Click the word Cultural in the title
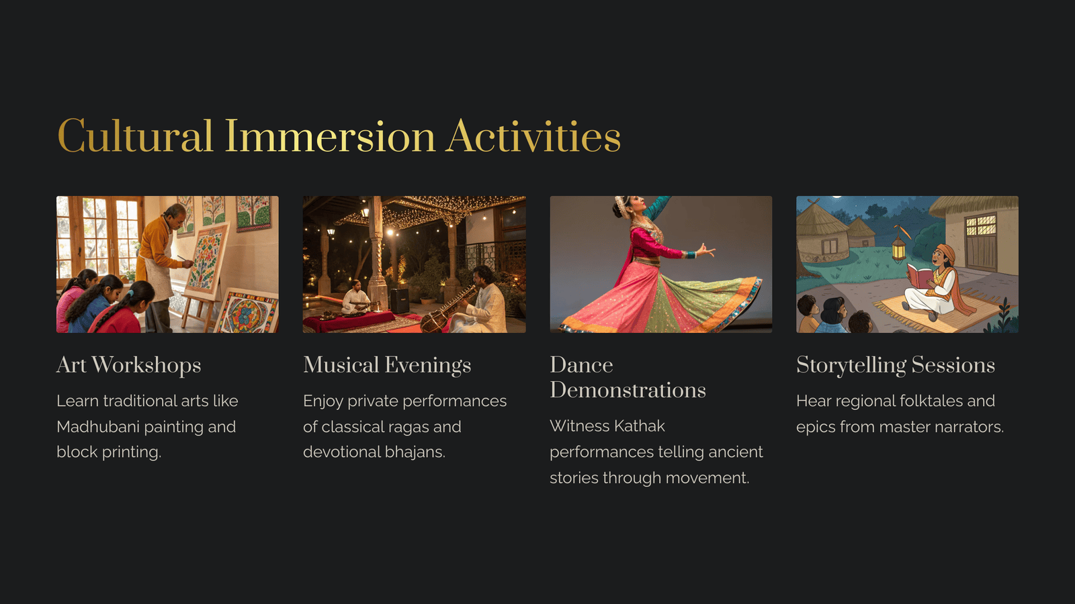[x=135, y=136]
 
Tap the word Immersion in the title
[x=330, y=136]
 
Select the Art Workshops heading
[x=128, y=365]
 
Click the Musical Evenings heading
[x=387, y=365]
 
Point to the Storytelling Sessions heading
[x=896, y=365]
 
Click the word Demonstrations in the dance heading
[x=628, y=390]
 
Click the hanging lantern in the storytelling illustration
[x=898, y=248]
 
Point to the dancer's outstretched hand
[x=705, y=250]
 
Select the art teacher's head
[x=175, y=215]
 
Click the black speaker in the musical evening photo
[x=399, y=300]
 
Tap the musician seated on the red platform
[x=355, y=298]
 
